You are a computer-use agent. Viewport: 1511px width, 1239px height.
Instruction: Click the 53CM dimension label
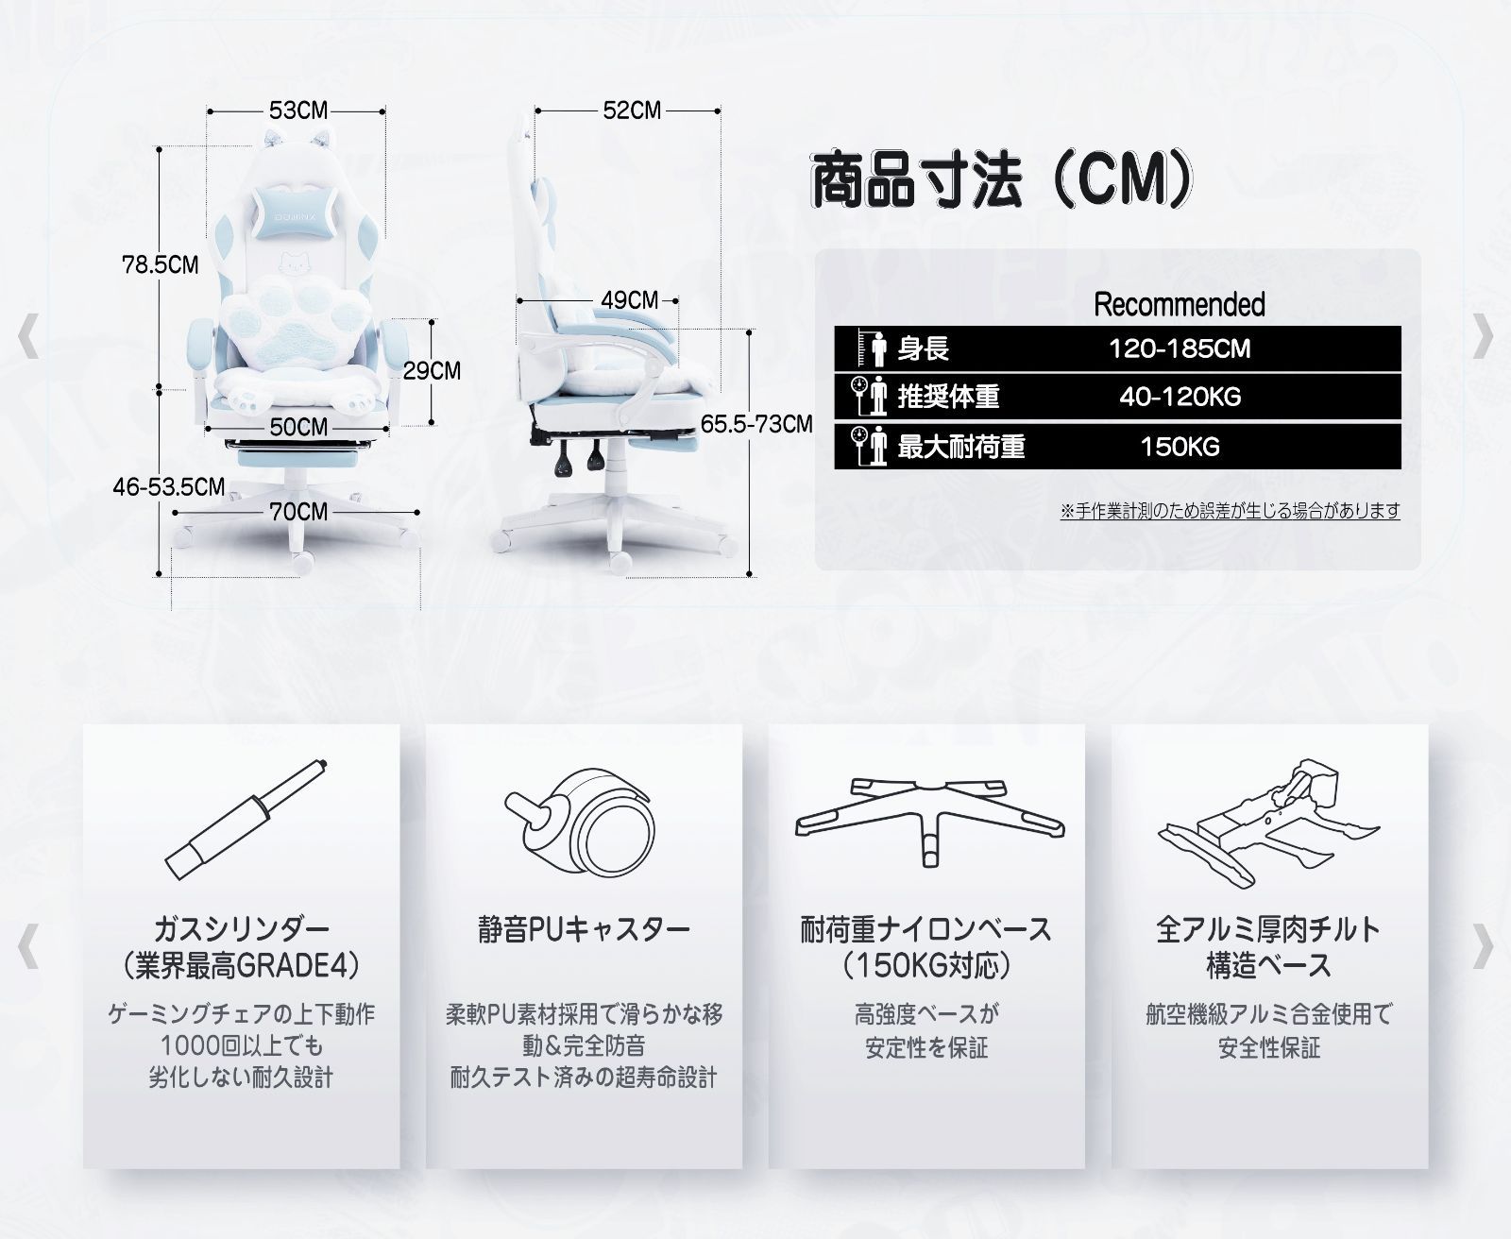tap(298, 110)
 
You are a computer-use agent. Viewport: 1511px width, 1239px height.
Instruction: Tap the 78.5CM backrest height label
tap(160, 264)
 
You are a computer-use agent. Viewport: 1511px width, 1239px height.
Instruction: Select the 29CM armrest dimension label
tap(432, 370)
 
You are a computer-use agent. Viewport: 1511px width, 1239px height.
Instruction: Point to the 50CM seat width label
tap(298, 427)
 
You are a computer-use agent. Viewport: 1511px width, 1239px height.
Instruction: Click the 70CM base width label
tap(298, 512)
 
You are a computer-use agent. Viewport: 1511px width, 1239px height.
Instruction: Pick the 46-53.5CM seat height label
tap(168, 487)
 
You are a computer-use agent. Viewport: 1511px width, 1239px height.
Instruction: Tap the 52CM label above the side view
tap(632, 110)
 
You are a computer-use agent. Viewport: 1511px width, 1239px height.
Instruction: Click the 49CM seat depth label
tap(629, 300)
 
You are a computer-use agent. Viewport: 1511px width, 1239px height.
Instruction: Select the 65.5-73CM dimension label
tap(756, 424)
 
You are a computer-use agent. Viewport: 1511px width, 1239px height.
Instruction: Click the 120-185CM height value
tap(1180, 349)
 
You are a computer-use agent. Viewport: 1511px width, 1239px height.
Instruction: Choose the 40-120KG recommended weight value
tap(1180, 397)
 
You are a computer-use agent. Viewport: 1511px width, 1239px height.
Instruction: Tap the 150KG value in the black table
tap(1180, 447)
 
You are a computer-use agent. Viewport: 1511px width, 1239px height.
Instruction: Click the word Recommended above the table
tap(1180, 304)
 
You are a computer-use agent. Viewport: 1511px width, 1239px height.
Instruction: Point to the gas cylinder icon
tap(245, 819)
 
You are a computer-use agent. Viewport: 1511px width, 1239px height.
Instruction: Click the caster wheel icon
tap(581, 819)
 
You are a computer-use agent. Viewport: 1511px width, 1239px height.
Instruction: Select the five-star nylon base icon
tap(929, 821)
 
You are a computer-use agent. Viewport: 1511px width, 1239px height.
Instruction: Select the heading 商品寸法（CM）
tap(1002, 179)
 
